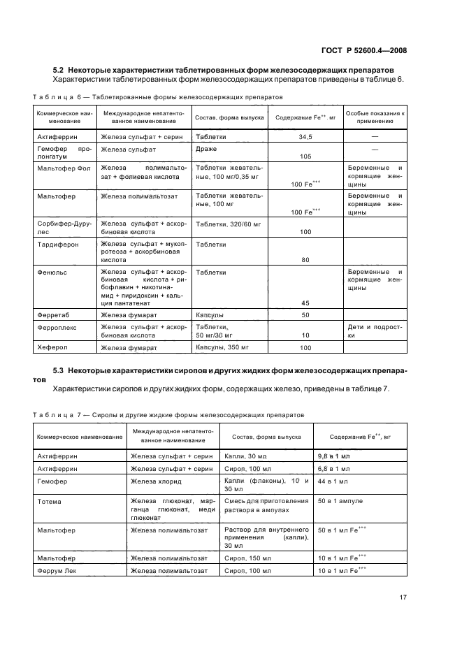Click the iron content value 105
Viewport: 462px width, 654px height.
(x=305, y=157)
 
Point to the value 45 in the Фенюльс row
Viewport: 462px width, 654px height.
(x=305, y=303)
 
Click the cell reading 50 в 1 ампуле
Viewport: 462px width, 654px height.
(x=340, y=501)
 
